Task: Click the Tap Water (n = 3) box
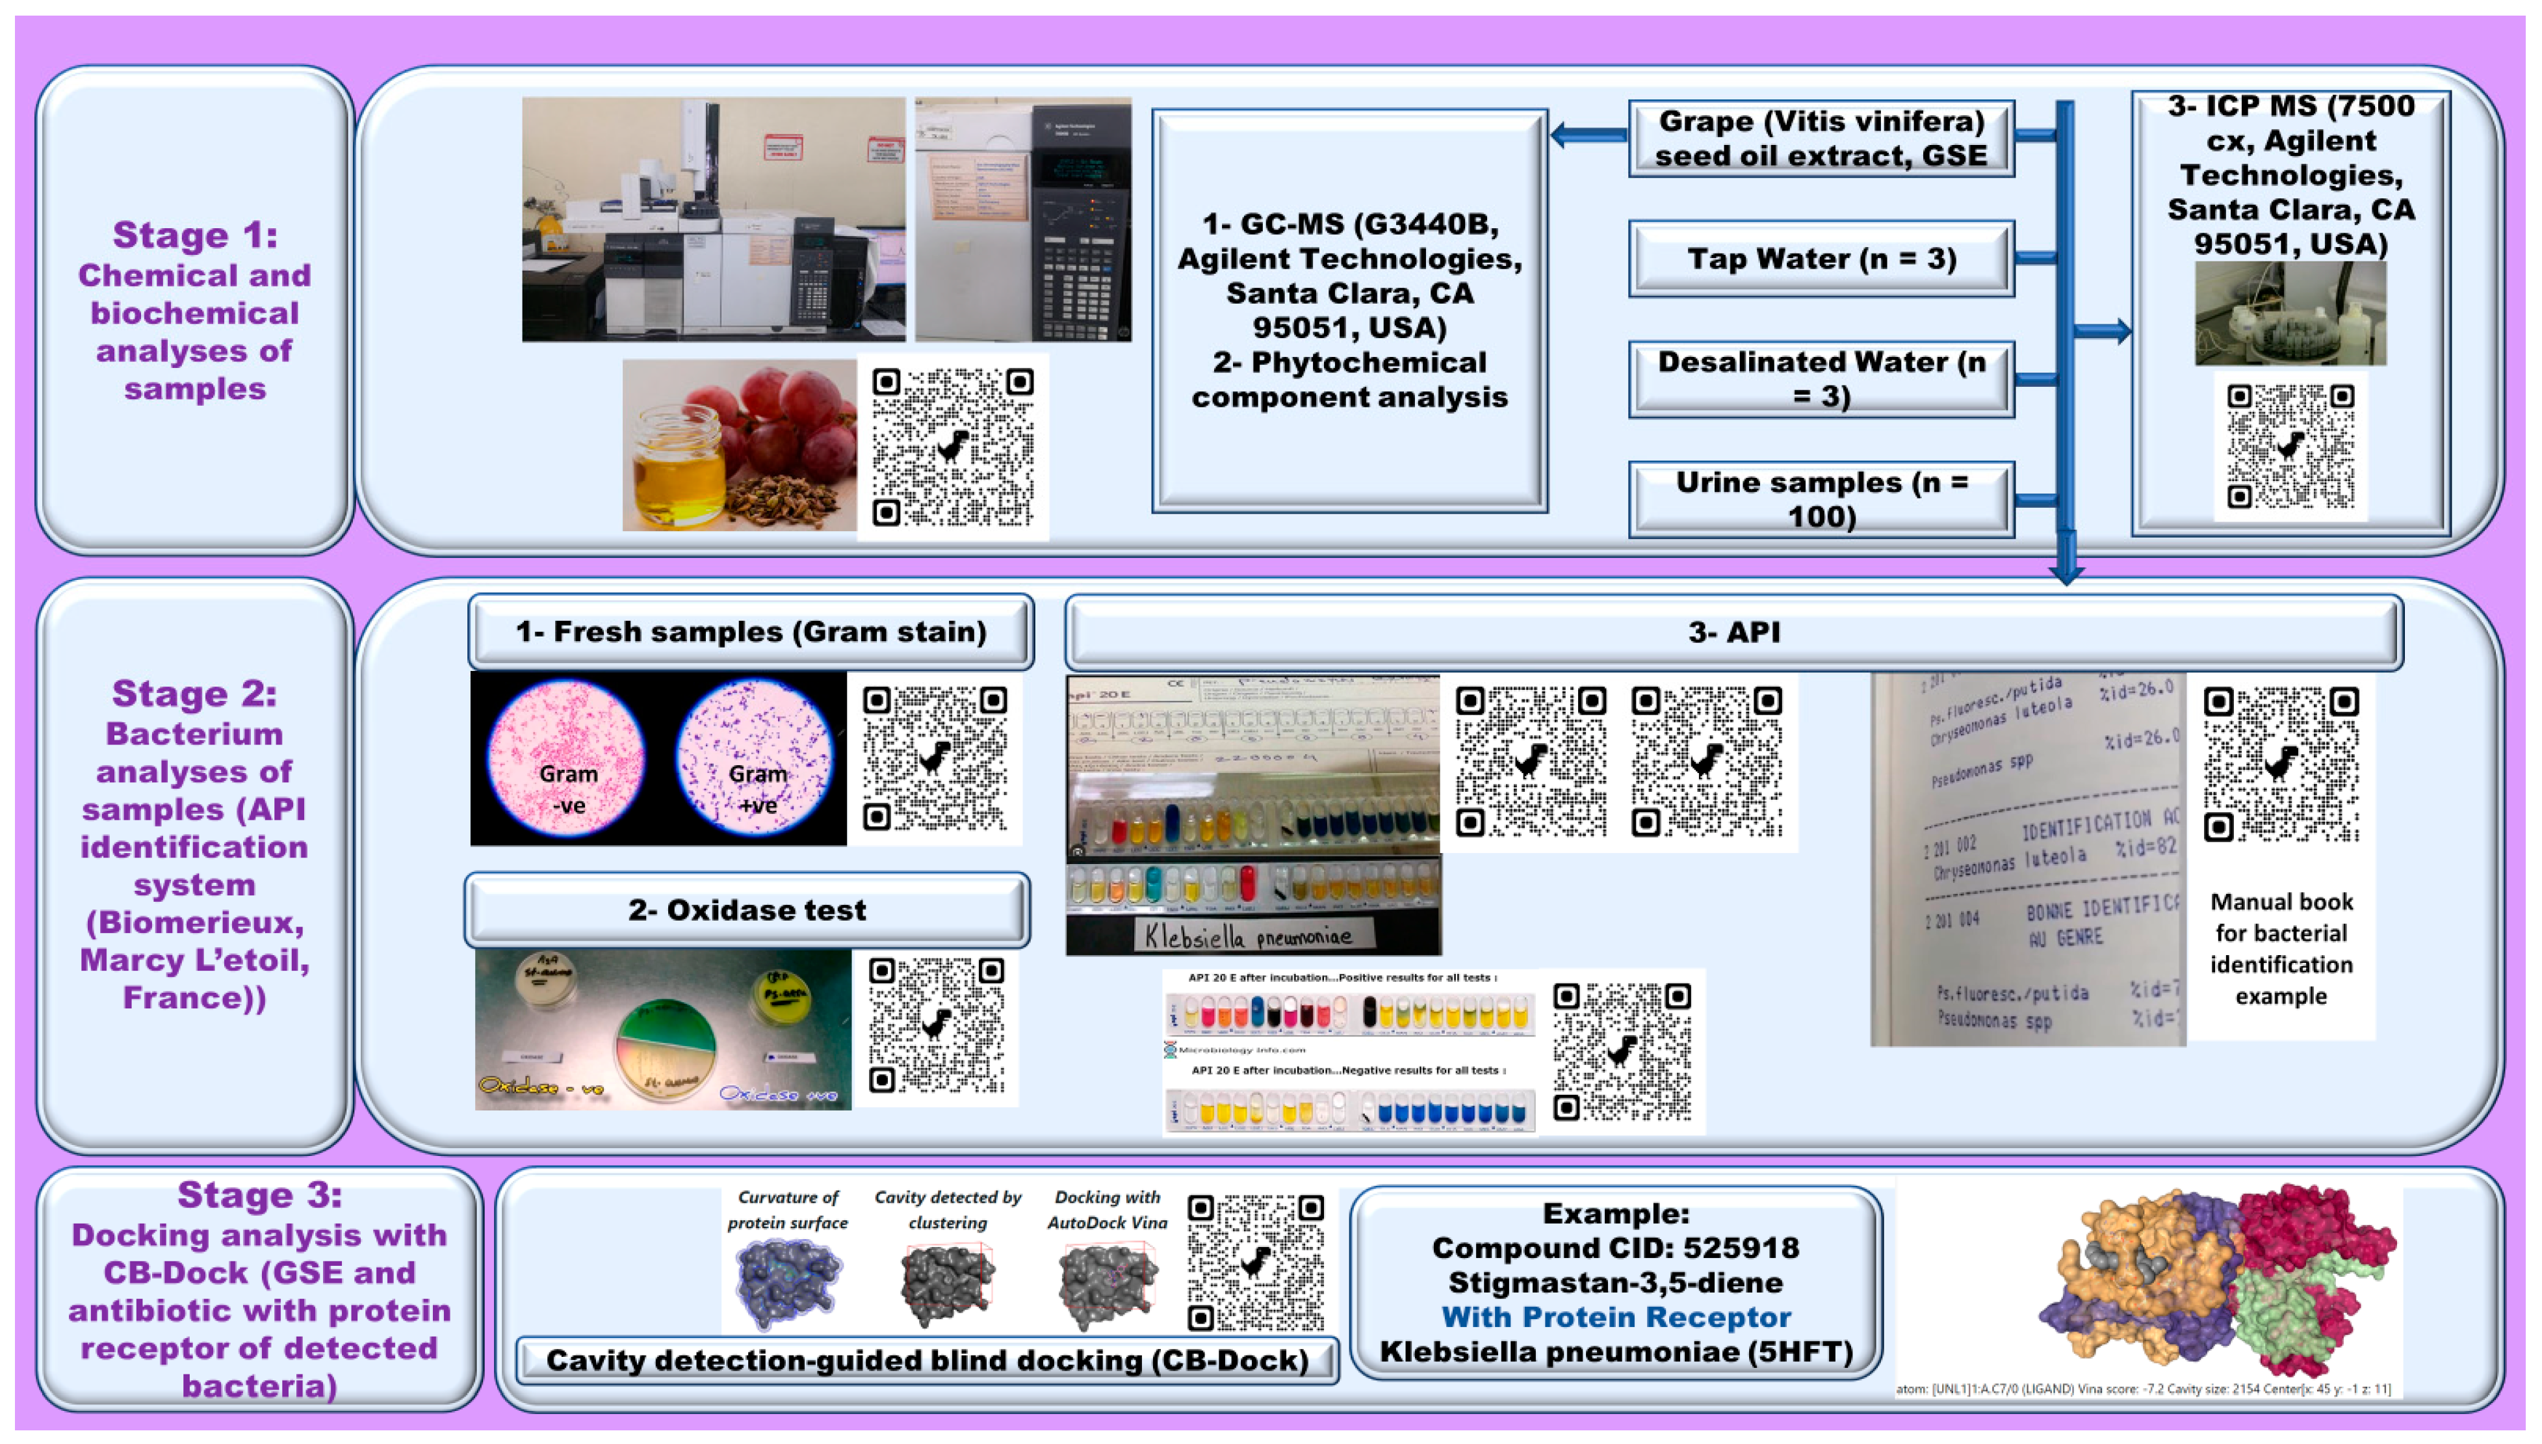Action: click(x=1821, y=259)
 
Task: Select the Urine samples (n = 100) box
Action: click(x=1821, y=499)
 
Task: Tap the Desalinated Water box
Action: click(x=1821, y=379)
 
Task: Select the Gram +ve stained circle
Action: click(x=755, y=759)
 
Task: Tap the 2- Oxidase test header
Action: click(x=747, y=910)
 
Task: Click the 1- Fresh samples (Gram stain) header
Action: click(x=751, y=632)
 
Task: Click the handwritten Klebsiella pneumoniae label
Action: click(x=1247, y=935)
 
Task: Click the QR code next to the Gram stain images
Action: click(x=934, y=759)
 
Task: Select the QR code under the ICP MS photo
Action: click(x=2289, y=446)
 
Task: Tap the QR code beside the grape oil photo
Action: click(x=952, y=446)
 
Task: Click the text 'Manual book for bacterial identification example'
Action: click(x=2280, y=948)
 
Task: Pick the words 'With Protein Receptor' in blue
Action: click(x=1615, y=1317)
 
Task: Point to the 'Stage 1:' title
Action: click(x=194, y=235)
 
